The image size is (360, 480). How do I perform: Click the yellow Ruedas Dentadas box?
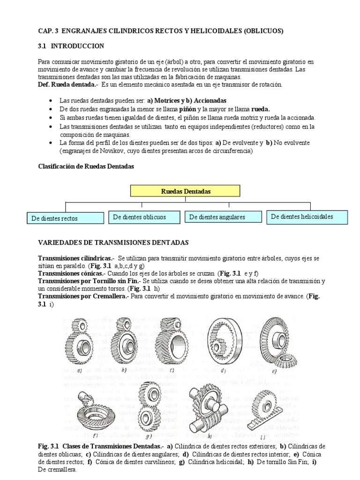[x=186, y=191]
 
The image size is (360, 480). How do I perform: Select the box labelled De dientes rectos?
[x=65, y=218]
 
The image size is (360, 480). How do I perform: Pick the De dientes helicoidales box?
[x=307, y=217]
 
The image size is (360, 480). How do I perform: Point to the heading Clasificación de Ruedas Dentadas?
[x=85, y=167]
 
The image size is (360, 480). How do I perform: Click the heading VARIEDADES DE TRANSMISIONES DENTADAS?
[x=112, y=242]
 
